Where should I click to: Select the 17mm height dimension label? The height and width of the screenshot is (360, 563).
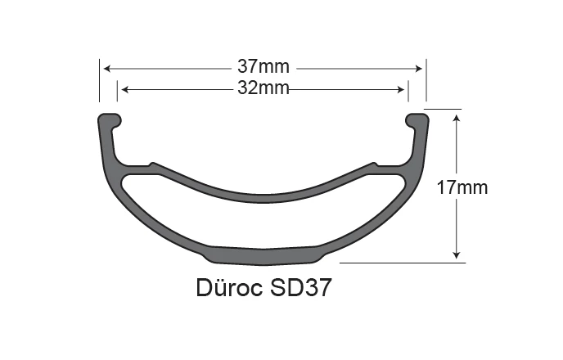coord(462,187)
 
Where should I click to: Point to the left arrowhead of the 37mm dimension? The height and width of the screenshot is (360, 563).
coord(106,70)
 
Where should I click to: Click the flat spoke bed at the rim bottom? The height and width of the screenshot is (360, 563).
coord(263,254)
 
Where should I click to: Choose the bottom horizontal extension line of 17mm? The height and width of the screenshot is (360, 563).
coord(401,263)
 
